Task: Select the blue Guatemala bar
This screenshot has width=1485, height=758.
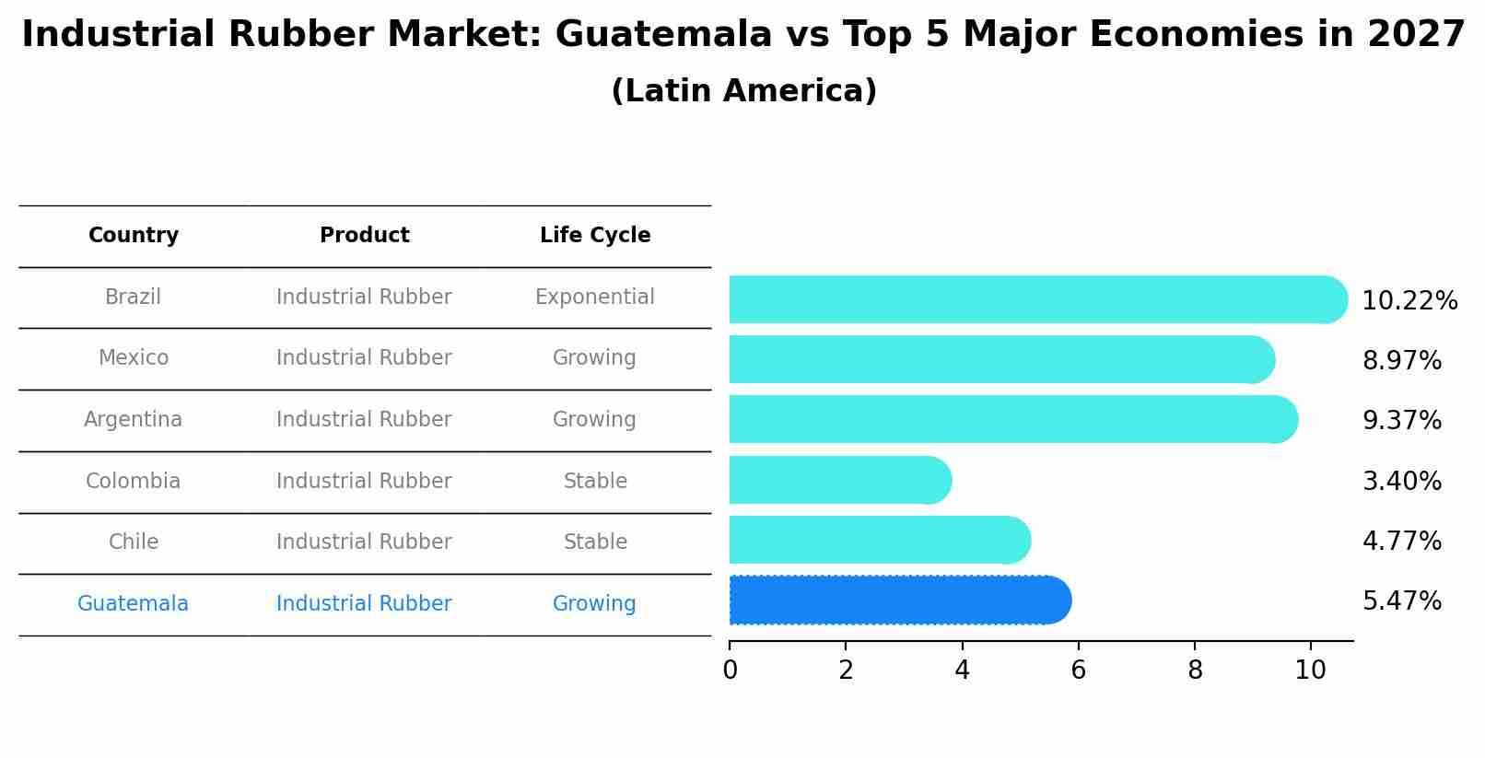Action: tap(898, 601)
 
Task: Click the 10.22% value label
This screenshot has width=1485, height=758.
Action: tap(1409, 301)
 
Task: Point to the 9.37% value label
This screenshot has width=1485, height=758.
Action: tap(1401, 421)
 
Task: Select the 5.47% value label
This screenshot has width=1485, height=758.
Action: tap(1401, 601)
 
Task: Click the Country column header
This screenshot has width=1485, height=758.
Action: tap(134, 236)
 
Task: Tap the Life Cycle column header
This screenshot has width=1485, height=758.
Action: tap(595, 236)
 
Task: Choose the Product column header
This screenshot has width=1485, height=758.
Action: tap(365, 236)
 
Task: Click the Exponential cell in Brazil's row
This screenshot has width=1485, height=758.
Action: tap(595, 297)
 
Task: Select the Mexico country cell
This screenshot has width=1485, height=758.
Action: tap(134, 358)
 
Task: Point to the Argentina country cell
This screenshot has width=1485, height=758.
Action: tap(134, 420)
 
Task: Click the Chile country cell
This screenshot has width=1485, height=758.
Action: tap(134, 542)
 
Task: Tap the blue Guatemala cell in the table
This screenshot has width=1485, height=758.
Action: tap(134, 604)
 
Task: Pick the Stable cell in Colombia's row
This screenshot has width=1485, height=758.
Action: tap(595, 482)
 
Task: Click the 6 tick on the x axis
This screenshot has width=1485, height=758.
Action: tap(1078, 670)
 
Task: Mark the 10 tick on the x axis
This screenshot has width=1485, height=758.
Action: tap(1310, 670)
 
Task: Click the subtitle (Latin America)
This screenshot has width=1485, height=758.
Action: tap(743, 91)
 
